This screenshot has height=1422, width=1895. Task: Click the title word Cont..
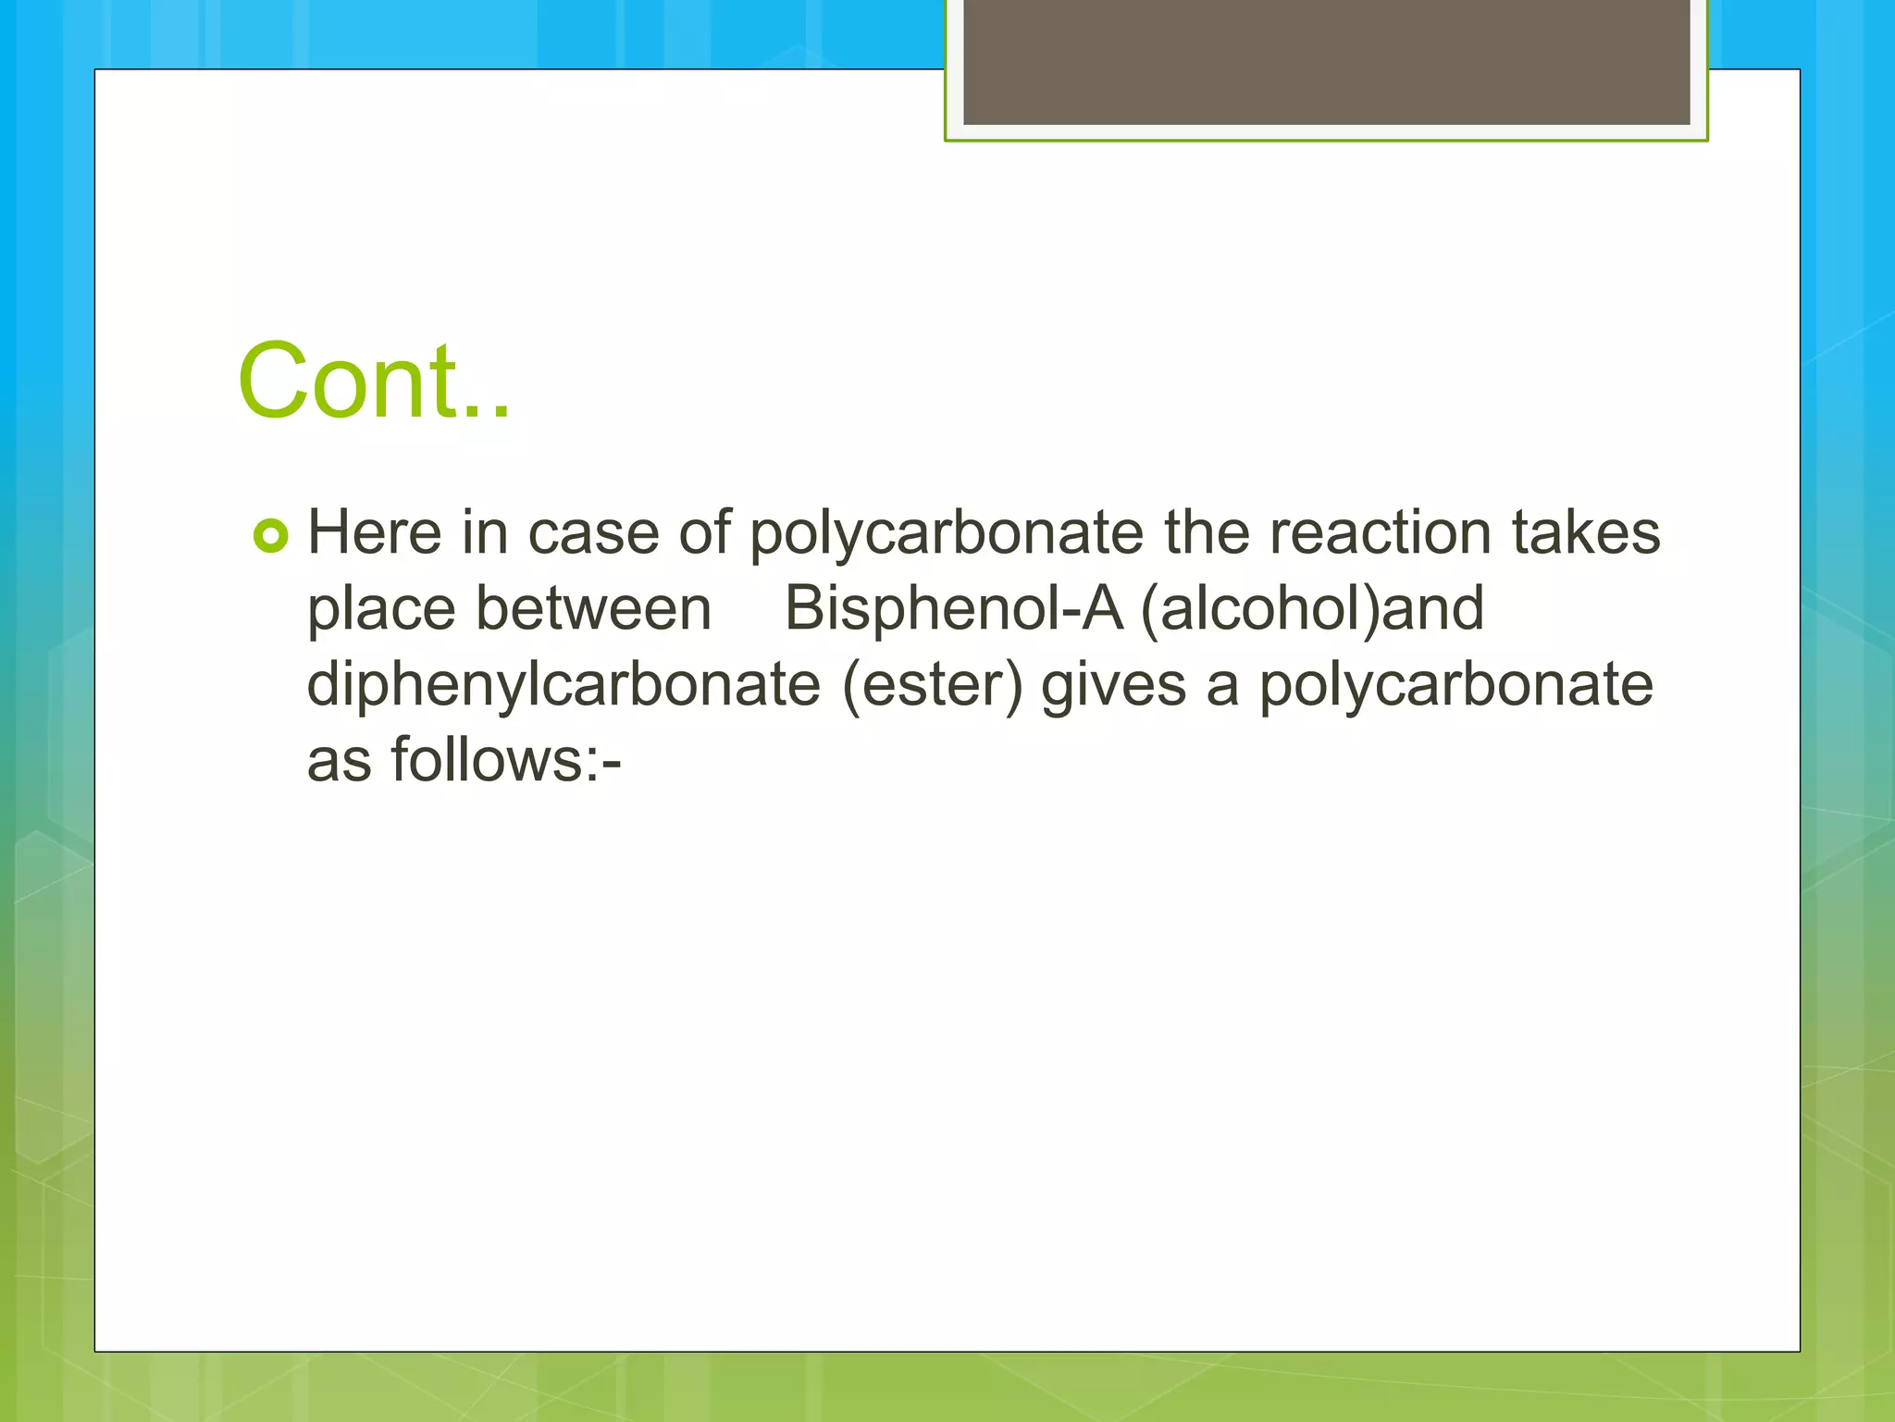(x=374, y=380)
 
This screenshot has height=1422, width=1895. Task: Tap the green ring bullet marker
(x=271, y=536)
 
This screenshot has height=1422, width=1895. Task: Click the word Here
(x=375, y=533)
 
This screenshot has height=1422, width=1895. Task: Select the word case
(x=593, y=533)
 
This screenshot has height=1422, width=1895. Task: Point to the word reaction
(x=1380, y=533)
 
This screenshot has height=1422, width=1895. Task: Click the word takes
(x=1586, y=533)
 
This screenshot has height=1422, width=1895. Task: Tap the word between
(x=593, y=609)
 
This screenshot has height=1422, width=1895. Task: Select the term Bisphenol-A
(x=953, y=609)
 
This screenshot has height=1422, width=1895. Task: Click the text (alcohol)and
(x=1312, y=609)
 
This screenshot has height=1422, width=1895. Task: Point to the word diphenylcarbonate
(x=564, y=685)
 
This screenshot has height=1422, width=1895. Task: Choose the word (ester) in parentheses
(x=933, y=685)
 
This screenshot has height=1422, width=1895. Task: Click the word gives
(x=1113, y=685)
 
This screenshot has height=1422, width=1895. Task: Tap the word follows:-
(x=505, y=761)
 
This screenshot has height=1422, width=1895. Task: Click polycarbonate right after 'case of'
(x=947, y=535)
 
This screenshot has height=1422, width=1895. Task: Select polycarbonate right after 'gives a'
(x=1455, y=685)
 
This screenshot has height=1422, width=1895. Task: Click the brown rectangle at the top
(x=1326, y=61)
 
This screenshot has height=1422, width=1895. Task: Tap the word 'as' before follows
(x=339, y=761)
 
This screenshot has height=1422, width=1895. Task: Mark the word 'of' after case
(x=704, y=533)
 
